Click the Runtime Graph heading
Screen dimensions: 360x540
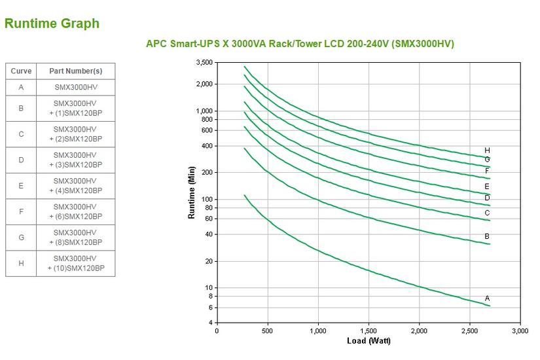click(52, 24)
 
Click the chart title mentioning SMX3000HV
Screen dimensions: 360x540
click(300, 44)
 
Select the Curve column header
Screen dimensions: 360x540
click(21, 71)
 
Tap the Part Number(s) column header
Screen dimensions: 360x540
click(75, 71)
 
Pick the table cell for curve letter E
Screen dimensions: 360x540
click(21, 186)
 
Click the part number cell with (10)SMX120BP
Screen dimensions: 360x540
click(75, 263)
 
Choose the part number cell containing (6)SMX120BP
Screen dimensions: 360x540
click(75, 211)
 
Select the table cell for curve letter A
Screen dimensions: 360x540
click(21, 87)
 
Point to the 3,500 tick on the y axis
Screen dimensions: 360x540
click(204, 62)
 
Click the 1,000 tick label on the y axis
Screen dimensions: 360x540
click(204, 111)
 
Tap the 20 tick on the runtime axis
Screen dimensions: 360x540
click(209, 261)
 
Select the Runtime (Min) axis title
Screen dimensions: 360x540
click(192, 192)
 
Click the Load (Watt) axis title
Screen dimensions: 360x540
click(369, 340)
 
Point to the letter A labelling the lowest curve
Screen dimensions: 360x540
click(487, 298)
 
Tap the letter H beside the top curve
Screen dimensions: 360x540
click(487, 151)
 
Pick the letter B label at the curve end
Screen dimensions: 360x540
click(487, 236)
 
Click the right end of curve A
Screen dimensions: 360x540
click(490, 306)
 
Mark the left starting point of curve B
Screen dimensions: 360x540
click(244, 148)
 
